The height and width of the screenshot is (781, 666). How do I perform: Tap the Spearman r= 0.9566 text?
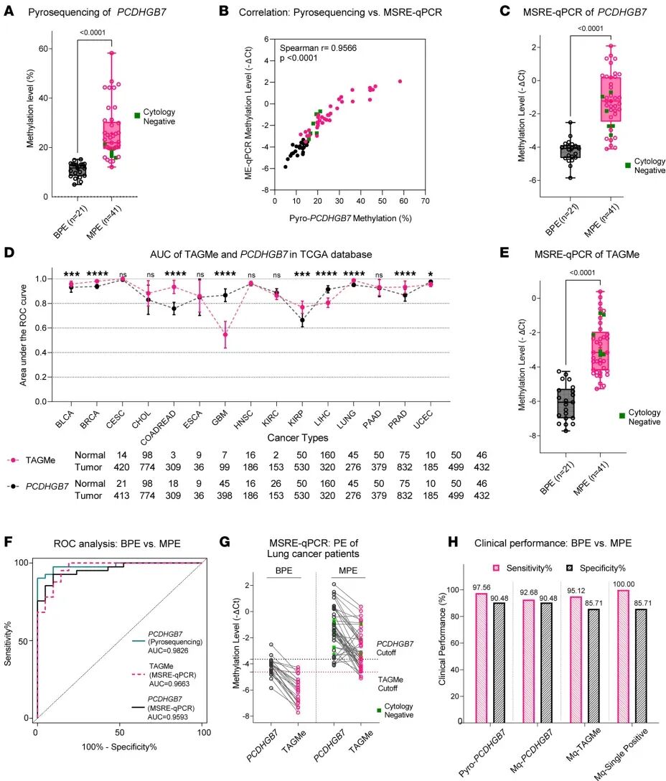point(317,47)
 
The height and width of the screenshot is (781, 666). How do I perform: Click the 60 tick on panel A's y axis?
point(42,48)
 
